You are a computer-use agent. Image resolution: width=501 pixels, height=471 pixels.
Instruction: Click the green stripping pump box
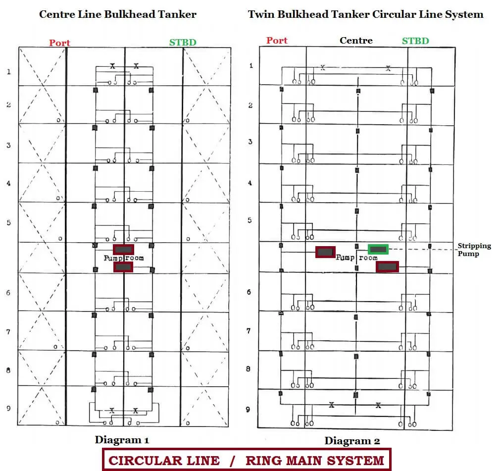pos(378,249)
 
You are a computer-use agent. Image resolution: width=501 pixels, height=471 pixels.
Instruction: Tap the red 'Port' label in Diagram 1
pos(59,43)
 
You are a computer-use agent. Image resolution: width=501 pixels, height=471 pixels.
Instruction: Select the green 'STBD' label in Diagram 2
pos(415,41)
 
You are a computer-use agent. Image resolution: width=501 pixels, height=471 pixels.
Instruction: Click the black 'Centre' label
pos(356,41)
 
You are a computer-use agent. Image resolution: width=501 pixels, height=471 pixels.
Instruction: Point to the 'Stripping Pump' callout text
pos(474,250)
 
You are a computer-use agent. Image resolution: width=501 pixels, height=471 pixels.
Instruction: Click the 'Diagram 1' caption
pos(122,440)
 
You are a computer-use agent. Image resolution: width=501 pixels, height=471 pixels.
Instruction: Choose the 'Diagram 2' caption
pos(352,441)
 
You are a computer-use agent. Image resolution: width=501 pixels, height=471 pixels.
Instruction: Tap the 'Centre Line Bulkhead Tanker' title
pos(118,14)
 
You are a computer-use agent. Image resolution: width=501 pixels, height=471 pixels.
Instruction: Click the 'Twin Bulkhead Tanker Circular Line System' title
pos(365,14)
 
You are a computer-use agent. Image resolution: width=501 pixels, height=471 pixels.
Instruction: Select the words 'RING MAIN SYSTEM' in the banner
pos(315,461)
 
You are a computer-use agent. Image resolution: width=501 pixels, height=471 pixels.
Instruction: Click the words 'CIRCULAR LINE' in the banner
pos(164,461)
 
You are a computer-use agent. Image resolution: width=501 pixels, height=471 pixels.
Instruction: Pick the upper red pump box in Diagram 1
pos(123,250)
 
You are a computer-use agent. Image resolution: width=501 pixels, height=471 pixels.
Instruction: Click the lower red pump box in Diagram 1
pos(123,266)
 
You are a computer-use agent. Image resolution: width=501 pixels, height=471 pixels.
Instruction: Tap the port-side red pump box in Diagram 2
pos(325,252)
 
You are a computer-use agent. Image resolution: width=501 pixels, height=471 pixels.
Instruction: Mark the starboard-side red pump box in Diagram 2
pos(387,266)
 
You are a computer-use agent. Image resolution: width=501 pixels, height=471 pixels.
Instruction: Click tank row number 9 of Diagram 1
pos(8,408)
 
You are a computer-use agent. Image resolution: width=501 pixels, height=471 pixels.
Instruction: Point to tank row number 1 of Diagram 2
pos(251,65)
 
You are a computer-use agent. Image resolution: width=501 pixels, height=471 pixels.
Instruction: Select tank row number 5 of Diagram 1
pos(8,222)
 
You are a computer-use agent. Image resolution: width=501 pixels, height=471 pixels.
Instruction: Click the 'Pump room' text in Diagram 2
pos(356,258)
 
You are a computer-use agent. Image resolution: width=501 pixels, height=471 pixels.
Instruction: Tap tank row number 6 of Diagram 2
pos(249,292)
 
